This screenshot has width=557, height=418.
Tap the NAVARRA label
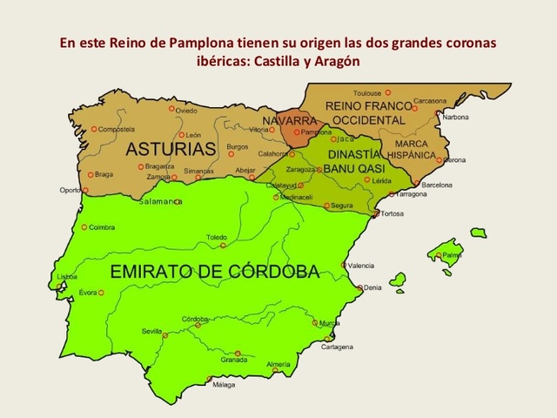point(295,120)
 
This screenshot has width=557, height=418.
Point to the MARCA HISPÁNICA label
point(410,149)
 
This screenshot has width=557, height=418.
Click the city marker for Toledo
point(222,246)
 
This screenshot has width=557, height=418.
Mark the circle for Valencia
point(345,265)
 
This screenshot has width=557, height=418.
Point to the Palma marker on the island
point(443,255)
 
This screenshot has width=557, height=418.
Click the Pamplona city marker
point(298,132)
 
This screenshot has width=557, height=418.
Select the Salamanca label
point(158,201)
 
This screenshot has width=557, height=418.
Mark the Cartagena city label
point(336,347)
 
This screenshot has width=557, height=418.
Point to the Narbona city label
point(452,117)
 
